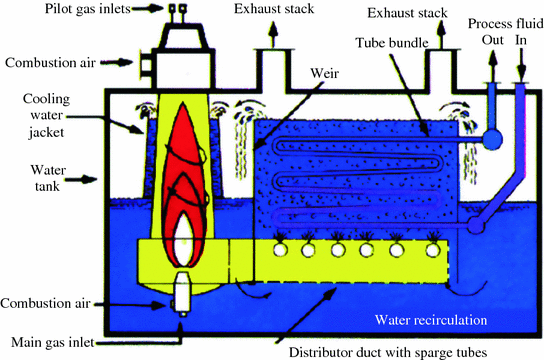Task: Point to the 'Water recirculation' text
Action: (x=429, y=320)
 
